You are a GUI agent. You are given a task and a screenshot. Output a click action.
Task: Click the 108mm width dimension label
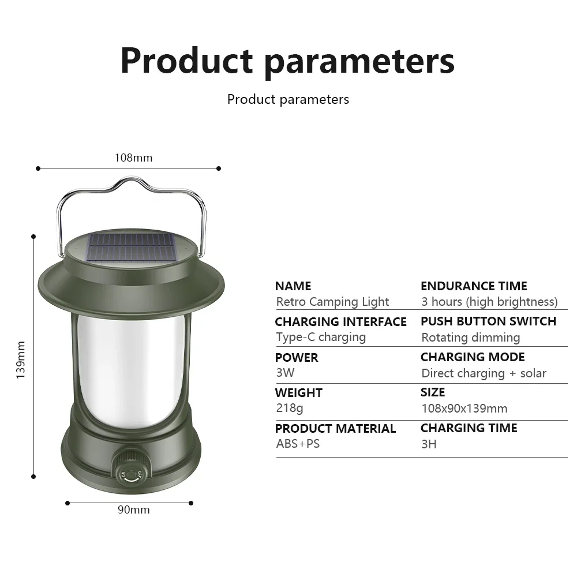(x=133, y=158)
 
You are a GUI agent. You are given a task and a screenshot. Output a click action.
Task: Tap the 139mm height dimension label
(x=21, y=360)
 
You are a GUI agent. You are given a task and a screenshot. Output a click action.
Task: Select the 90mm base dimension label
(x=134, y=509)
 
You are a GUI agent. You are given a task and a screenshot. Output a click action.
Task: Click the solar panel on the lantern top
(x=132, y=247)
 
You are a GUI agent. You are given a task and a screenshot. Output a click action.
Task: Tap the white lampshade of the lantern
(x=131, y=372)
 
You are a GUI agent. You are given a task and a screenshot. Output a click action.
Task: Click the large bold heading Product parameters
(x=288, y=62)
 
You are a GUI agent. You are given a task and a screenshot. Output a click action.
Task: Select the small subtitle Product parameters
(x=288, y=99)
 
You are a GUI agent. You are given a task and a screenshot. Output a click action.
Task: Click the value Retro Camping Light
(x=332, y=302)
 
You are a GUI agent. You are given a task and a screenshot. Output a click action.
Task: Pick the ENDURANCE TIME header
(x=474, y=286)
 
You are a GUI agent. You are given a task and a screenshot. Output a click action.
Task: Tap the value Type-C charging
(x=321, y=337)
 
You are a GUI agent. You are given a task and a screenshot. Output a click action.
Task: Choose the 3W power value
(x=285, y=372)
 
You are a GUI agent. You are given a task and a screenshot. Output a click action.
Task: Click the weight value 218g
(x=290, y=408)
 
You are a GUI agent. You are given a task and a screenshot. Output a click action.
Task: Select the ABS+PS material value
(x=298, y=444)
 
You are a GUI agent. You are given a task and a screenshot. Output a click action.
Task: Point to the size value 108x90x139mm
(x=464, y=409)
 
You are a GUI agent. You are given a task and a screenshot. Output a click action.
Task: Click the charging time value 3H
(x=429, y=444)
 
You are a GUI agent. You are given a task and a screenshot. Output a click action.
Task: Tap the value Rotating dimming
(x=471, y=338)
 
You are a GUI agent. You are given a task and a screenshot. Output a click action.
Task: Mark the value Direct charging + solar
(x=484, y=373)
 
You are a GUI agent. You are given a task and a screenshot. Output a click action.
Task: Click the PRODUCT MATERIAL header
(x=335, y=428)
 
